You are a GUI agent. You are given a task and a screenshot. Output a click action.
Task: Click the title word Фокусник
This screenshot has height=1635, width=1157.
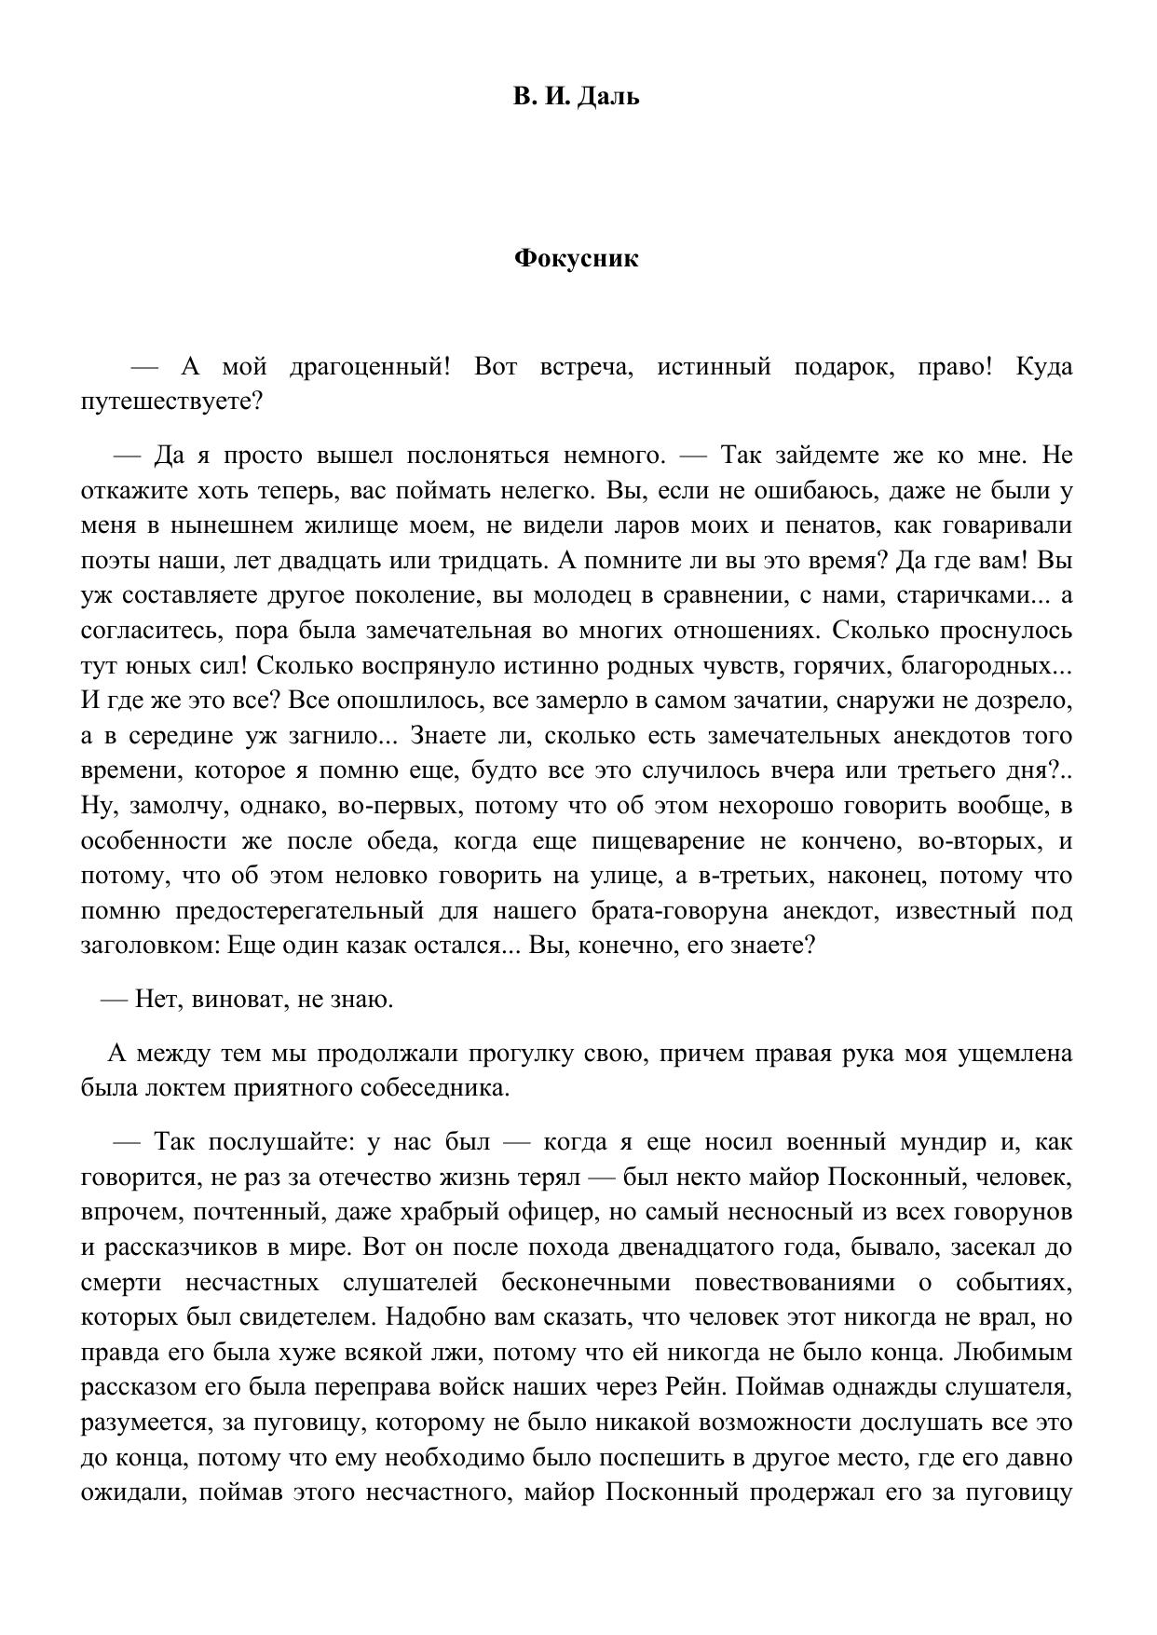[577, 258]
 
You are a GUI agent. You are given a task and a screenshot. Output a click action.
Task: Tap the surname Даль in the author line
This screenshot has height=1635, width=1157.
[608, 96]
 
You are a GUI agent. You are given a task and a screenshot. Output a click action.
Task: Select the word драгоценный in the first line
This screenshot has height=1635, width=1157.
[370, 366]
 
